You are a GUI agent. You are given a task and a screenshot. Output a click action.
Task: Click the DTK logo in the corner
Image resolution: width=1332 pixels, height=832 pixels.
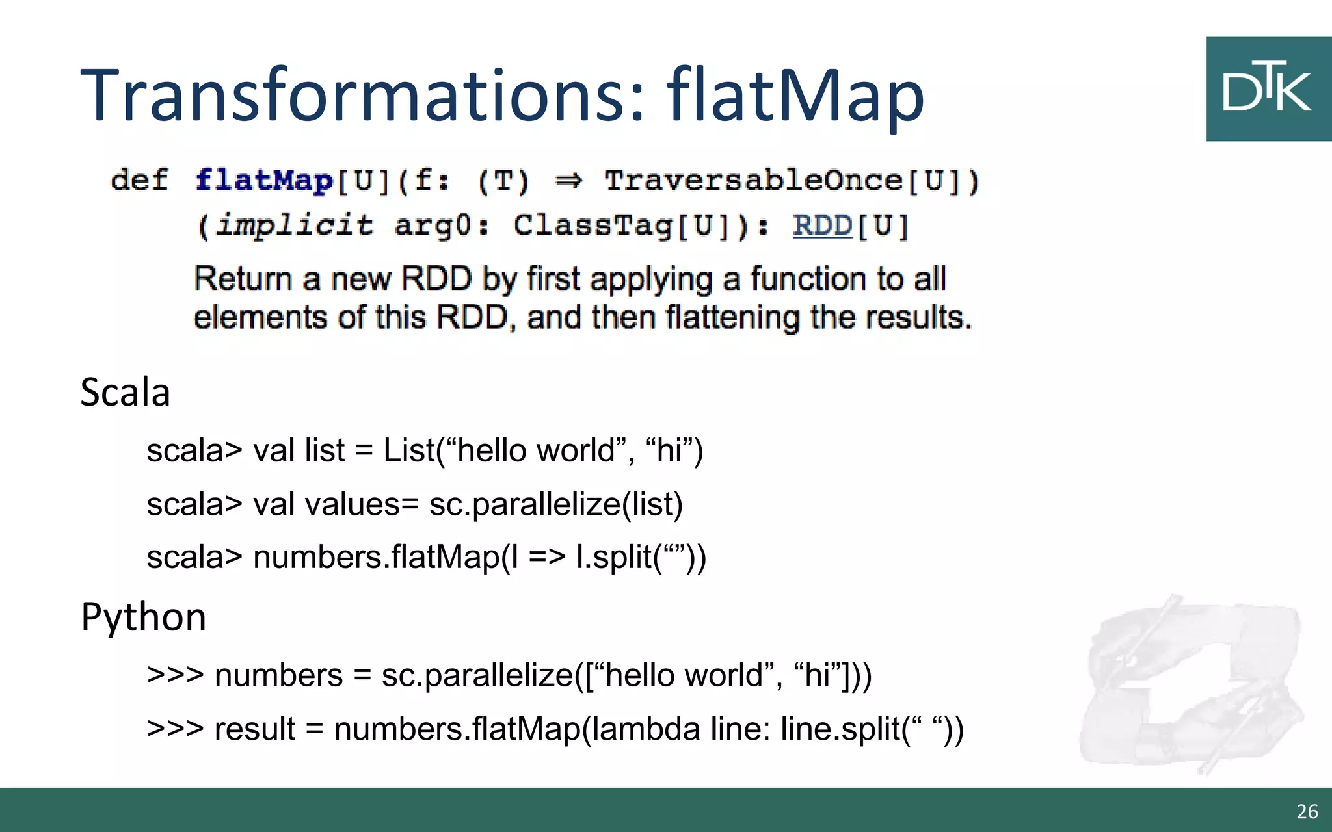[x=1268, y=89]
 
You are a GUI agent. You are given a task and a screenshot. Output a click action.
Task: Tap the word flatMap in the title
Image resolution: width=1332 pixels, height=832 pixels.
[x=795, y=96]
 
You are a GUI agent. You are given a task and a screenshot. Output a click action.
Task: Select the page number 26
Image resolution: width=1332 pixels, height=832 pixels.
[x=1307, y=811]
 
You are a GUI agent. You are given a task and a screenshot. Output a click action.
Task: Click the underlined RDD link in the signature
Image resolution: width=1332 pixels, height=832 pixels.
[x=823, y=226]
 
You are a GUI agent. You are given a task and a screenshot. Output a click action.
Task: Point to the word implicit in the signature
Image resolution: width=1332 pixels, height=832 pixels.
[x=295, y=226]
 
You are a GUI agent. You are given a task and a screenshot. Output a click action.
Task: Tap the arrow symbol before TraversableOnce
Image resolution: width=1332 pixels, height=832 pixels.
[x=569, y=181]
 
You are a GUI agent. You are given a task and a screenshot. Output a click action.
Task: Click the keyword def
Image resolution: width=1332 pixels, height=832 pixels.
[x=139, y=181]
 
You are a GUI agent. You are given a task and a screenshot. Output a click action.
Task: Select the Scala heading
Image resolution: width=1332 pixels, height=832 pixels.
[x=126, y=393]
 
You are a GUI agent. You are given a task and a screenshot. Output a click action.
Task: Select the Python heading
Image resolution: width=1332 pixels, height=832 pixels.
[x=144, y=617]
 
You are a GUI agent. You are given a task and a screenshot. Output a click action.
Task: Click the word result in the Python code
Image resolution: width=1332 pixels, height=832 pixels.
[x=255, y=729]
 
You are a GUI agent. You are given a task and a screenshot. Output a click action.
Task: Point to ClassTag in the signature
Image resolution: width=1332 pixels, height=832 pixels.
[x=593, y=226]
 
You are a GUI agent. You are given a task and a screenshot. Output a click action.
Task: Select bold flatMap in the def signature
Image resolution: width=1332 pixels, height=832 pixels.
[x=264, y=181]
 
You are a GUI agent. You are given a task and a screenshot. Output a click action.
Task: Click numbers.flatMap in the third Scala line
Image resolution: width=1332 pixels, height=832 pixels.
[x=375, y=558]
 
